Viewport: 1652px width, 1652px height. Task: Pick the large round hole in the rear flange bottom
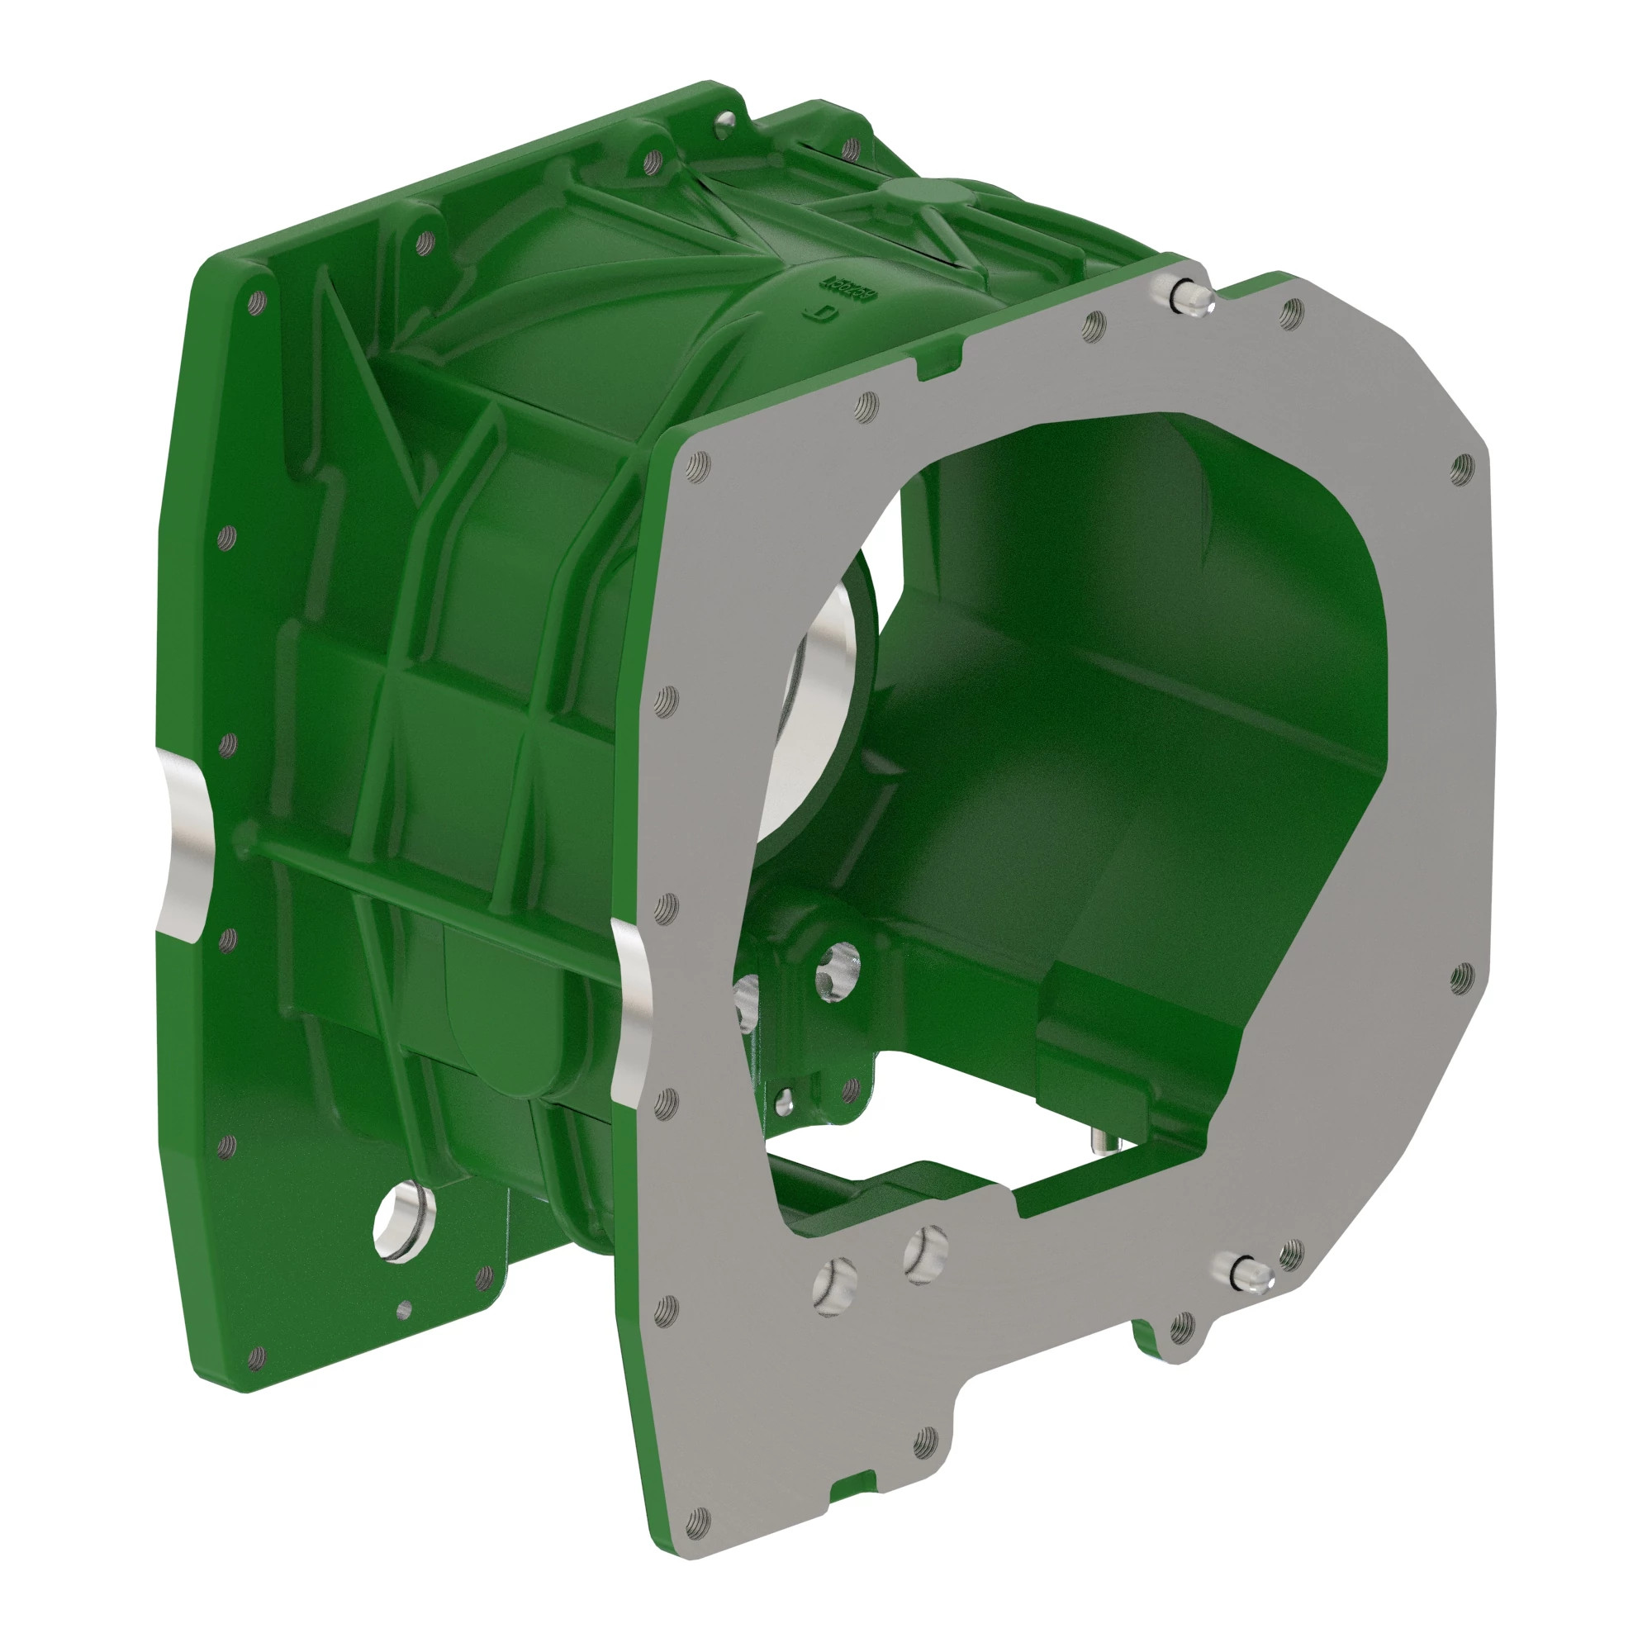402,1218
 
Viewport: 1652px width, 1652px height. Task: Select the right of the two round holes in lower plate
926,1255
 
